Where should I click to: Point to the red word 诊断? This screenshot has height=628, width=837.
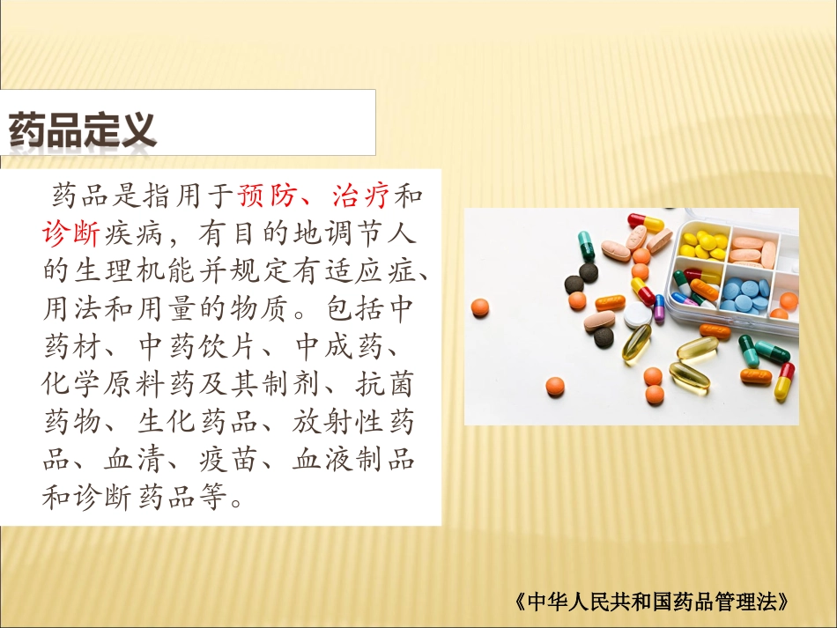tap(70, 233)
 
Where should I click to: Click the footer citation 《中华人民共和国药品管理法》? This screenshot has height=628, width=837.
tap(649, 602)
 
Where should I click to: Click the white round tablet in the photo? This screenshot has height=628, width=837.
tap(637, 314)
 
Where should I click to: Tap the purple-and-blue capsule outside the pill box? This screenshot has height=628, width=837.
tap(659, 307)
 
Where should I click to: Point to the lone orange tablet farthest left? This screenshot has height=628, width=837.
tap(480, 307)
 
